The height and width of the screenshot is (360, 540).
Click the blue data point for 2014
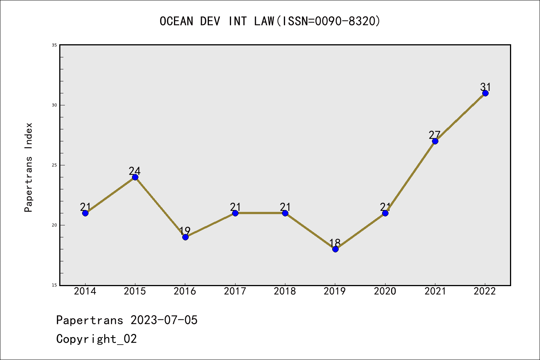pyautogui.click(x=85, y=213)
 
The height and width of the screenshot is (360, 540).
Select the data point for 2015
pyautogui.click(x=135, y=177)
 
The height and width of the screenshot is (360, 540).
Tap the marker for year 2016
pyautogui.click(x=185, y=237)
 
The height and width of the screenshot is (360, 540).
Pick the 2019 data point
pyautogui.click(x=335, y=249)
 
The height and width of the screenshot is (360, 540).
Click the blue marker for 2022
pyautogui.click(x=485, y=93)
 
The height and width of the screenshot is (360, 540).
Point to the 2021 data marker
pyautogui.click(x=435, y=141)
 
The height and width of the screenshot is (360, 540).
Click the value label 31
pyautogui.click(x=486, y=87)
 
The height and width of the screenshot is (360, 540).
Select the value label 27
pyautogui.click(x=435, y=135)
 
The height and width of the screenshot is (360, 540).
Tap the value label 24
pyautogui.click(x=135, y=171)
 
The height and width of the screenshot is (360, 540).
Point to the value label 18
pyautogui.click(x=335, y=243)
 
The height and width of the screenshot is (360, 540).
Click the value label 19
pyautogui.click(x=185, y=231)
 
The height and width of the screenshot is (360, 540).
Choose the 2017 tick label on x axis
pyautogui.click(x=235, y=291)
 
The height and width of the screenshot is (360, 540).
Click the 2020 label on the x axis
pyautogui.click(x=385, y=291)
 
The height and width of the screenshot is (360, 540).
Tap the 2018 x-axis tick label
pyautogui.click(x=285, y=291)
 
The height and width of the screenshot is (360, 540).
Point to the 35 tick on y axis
pyautogui.click(x=54, y=45)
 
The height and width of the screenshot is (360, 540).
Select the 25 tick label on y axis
pyautogui.click(x=54, y=165)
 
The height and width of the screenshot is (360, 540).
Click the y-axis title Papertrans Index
pyautogui.click(x=29, y=167)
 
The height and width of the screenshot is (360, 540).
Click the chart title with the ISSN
pyautogui.click(x=270, y=21)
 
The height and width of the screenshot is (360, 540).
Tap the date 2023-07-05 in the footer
pyautogui.click(x=164, y=320)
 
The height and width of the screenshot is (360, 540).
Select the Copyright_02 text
pyautogui.click(x=97, y=339)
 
